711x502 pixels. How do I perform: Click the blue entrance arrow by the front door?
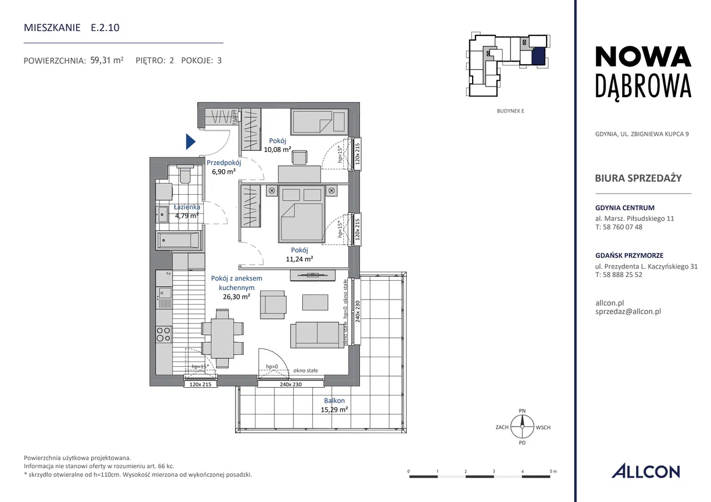190,141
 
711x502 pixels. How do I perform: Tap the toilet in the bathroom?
185,174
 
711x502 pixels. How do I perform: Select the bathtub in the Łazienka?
179,240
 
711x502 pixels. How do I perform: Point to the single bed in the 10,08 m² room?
319,121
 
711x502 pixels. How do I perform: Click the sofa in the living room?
317,335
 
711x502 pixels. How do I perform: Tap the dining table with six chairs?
223,338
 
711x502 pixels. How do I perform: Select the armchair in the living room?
273,305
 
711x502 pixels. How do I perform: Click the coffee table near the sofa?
315,302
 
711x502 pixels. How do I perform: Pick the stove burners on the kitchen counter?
164,334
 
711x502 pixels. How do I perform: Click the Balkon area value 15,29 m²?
334,409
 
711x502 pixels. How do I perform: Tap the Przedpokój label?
224,163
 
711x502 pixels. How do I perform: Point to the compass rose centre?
522,427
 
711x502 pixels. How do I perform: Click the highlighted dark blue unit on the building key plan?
539,57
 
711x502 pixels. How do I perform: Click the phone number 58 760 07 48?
623,227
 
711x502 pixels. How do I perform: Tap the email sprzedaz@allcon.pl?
628,311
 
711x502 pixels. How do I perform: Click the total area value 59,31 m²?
107,60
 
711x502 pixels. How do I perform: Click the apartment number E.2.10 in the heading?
105,28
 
